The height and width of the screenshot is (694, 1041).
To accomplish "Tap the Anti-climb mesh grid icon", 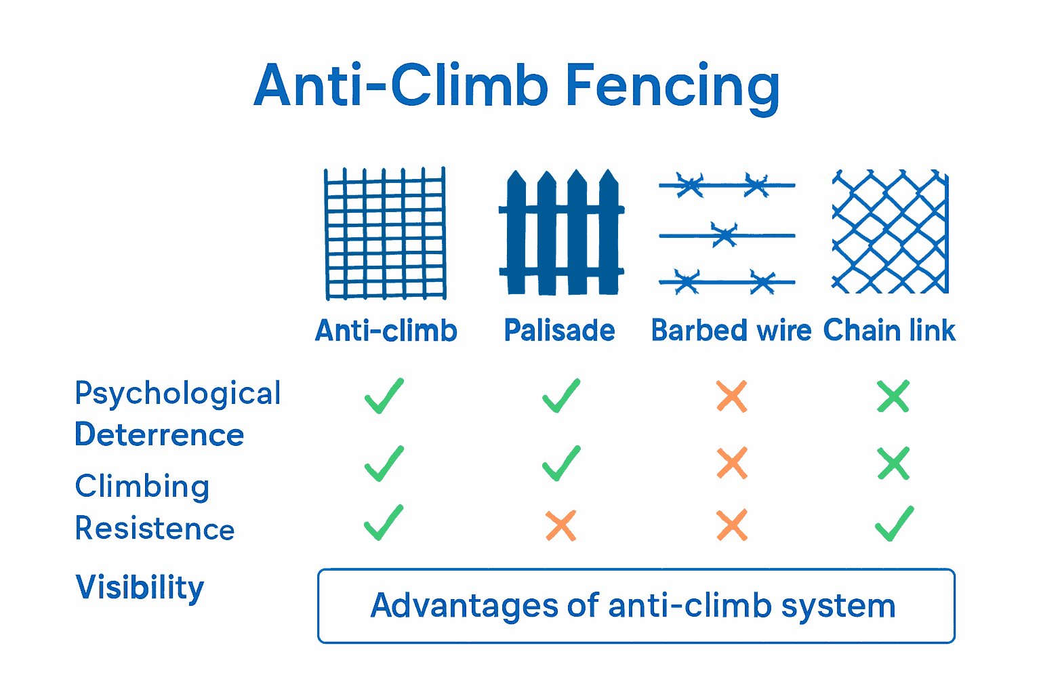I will (385, 233).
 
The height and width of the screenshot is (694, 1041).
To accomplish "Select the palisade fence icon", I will (561, 233).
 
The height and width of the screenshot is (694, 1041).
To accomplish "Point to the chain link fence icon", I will (890, 232).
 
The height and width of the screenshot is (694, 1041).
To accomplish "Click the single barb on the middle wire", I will (724, 235).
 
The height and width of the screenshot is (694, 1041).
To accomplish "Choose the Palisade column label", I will (559, 331).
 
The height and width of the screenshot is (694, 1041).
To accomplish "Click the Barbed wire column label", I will (731, 331).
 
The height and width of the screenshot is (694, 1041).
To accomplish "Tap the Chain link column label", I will (889, 331).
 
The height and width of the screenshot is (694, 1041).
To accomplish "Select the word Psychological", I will (178, 394).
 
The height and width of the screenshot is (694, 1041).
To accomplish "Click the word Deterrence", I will (159, 434).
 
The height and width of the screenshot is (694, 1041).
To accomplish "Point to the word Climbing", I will (142, 487).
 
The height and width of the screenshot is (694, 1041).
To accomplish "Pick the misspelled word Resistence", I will (155, 529).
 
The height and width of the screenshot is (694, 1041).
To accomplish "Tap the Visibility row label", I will (140, 588).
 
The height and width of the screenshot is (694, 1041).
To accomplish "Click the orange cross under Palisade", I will (561, 525).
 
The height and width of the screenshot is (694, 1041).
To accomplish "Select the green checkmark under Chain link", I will (894, 524).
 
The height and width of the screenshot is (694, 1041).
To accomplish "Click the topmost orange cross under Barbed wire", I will (732, 396).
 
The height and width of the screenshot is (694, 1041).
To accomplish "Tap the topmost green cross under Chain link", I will (893, 396).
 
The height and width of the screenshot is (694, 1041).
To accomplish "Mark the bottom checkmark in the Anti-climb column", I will (384, 523).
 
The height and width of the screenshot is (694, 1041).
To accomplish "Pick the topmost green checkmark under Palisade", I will (561, 396).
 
